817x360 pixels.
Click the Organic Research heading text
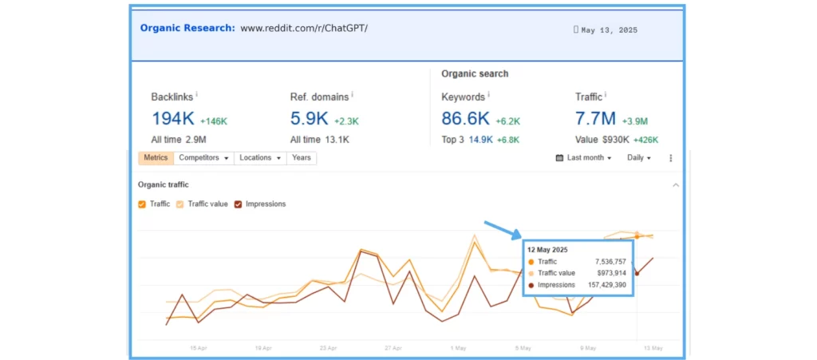(x=187, y=28)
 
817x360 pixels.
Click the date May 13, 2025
(x=609, y=30)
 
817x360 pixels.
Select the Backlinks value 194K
(x=173, y=119)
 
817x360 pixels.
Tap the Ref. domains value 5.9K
(x=310, y=119)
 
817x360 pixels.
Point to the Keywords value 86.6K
(x=465, y=119)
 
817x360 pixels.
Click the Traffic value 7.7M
(x=595, y=119)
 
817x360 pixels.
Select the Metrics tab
(x=156, y=158)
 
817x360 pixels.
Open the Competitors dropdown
(x=203, y=158)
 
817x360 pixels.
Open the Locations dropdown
(x=261, y=158)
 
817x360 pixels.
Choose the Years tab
(x=301, y=158)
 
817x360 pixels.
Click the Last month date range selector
(x=583, y=158)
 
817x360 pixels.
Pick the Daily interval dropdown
(x=639, y=158)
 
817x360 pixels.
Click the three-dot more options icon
(x=670, y=158)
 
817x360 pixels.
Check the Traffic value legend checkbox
(x=180, y=204)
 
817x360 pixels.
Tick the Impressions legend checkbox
(x=238, y=204)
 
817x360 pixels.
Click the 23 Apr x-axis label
(x=328, y=348)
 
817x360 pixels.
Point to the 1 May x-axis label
(x=459, y=348)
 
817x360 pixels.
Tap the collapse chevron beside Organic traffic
(x=676, y=185)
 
